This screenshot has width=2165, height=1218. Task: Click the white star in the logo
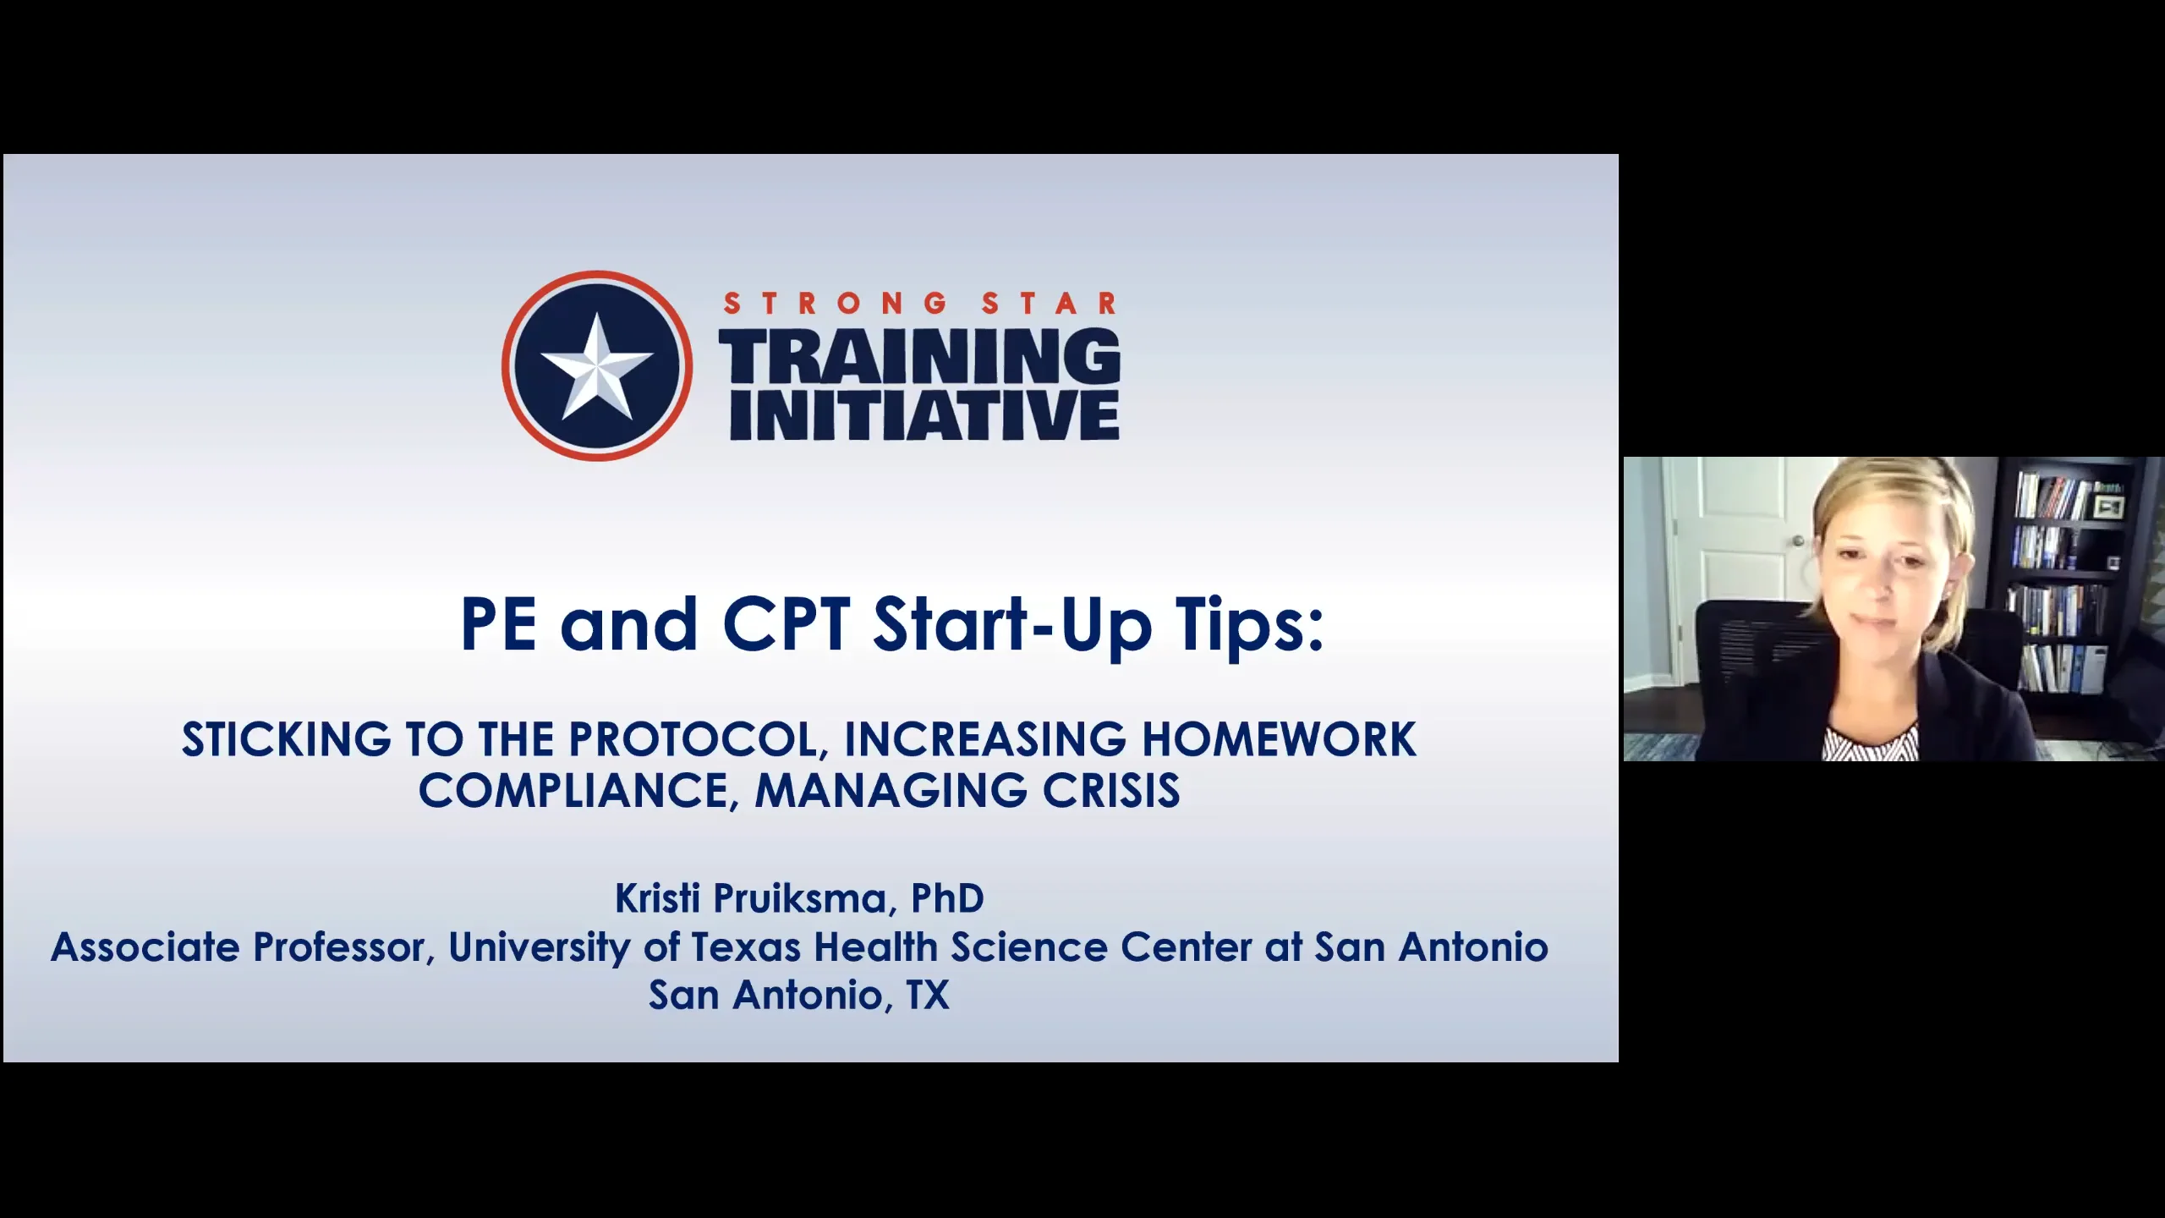(597, 367)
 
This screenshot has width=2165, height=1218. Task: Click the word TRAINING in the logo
(919, 356)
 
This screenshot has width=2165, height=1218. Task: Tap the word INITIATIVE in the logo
(924, 415)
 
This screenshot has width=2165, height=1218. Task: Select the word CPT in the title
(786, 624)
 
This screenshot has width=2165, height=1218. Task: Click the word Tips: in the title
(1248, 624)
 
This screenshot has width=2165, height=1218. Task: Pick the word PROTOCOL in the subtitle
(693, 739)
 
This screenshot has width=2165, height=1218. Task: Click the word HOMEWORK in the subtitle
(1279, 739)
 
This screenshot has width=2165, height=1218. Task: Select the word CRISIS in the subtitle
(1110, 791)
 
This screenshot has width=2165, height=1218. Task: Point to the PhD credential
(947, 898)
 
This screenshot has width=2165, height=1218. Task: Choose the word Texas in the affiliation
(745, 947)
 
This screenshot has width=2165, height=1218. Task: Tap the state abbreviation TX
(928, 996)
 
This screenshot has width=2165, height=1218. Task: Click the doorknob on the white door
(1799, 540)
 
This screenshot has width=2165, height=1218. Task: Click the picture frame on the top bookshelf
(2108, 507)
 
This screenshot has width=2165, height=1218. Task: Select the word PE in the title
(498, 624)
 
